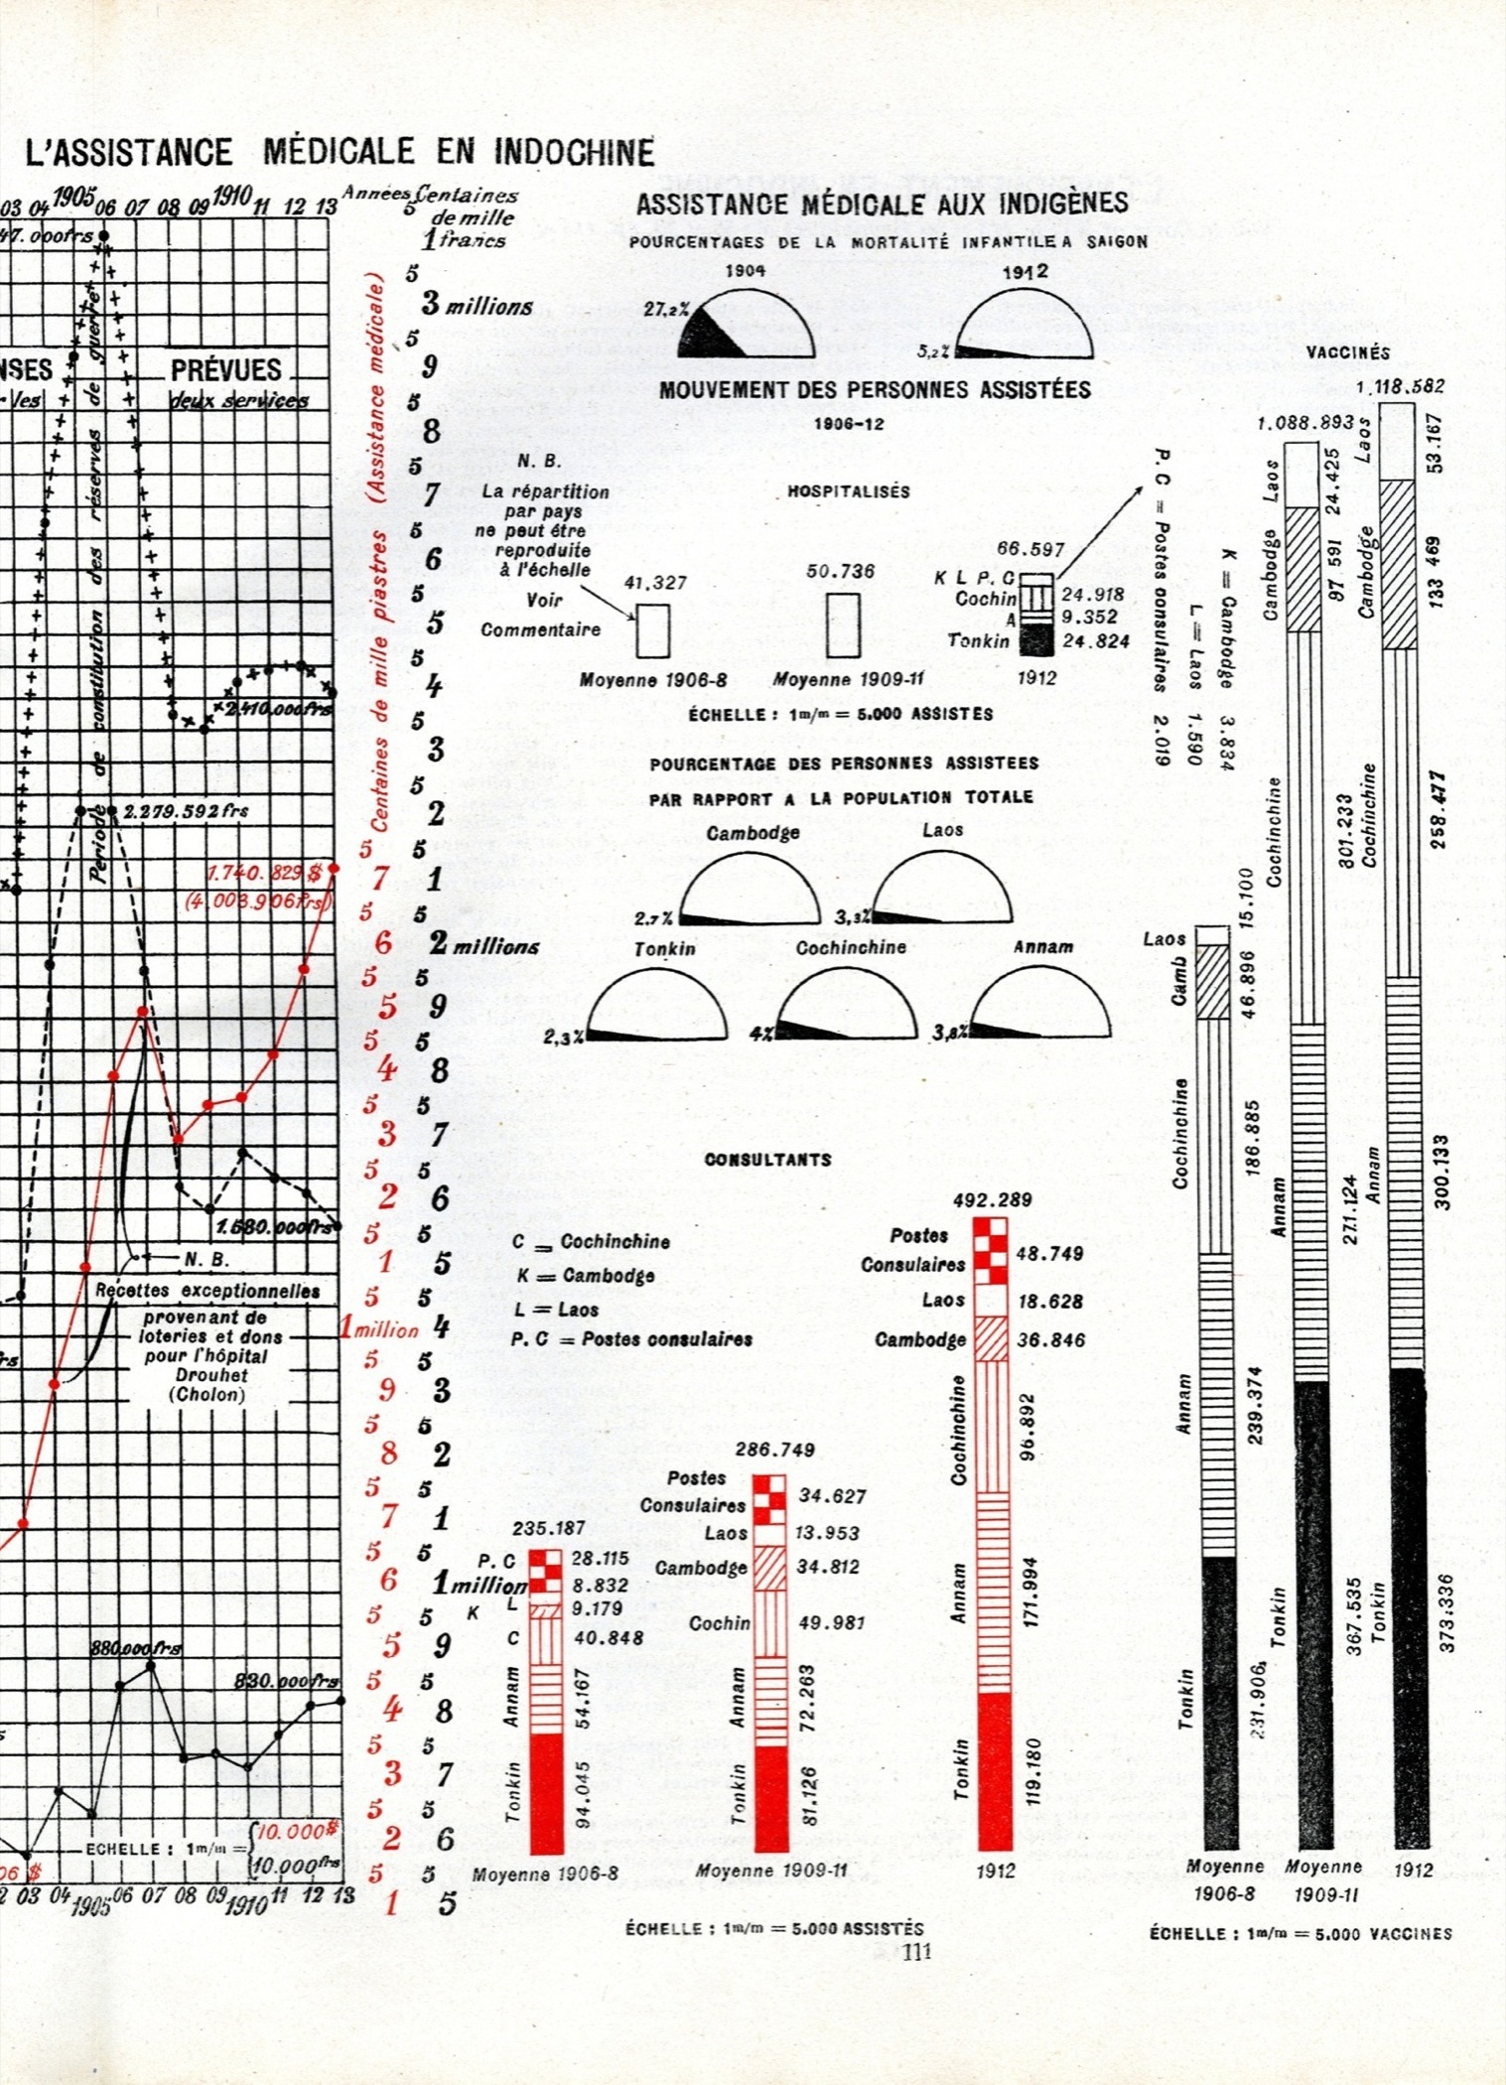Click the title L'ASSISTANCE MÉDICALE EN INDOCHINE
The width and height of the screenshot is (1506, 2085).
(x=341, y=152)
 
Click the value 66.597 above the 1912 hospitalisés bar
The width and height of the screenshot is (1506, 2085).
(x=1030, y=549)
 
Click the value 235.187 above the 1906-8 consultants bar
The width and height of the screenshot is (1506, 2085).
(x=548, y=1528)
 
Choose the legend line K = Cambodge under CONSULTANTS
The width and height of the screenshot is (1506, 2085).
(x=585, y=1276)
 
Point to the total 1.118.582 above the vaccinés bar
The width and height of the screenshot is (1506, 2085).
(x=1400, y=386)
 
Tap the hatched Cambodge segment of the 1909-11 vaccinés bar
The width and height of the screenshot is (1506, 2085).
(x=1302, y=570)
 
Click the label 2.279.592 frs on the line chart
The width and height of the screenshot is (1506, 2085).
(x=186, y=811)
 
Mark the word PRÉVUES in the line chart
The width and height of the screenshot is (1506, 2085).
(x=226, y=370)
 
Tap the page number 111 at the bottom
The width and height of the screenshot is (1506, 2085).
(x=915, y=1951)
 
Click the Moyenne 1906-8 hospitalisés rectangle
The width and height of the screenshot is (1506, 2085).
(x=652, y=629)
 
